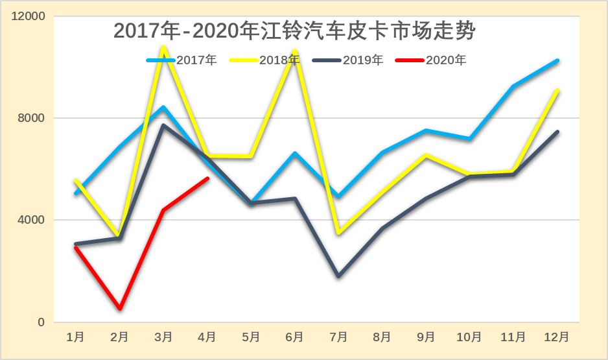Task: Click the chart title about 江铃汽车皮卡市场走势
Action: (295, 30)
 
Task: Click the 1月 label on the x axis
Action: (76, 337)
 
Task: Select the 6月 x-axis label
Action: (294, 337)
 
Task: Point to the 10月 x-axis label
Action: (469, 337)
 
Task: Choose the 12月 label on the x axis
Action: (556, 337)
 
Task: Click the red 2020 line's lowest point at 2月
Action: (120, 309)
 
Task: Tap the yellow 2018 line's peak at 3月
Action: (163, 46)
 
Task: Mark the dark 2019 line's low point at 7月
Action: (338, 276)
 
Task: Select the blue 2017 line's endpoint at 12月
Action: (557, 60)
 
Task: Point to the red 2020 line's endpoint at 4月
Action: (207, 178)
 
